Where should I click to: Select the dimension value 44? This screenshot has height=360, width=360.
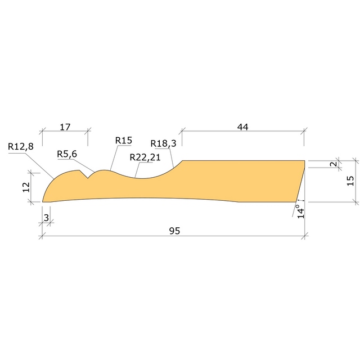click(x=242, y=127)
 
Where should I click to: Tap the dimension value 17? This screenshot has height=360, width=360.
click(x=65, y=127)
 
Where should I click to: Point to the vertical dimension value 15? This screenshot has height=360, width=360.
click(x=350, y=180)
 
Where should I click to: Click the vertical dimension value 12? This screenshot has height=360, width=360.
click(x=26, y=187)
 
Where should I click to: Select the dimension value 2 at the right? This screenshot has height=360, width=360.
click(x=332, y=164)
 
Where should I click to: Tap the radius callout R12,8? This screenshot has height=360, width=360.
click(x=20, y=146)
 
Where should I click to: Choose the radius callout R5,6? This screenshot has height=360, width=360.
click(x=67, y=154)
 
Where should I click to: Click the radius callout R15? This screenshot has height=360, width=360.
click(x=123, y=139)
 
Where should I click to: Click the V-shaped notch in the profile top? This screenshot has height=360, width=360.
click(x=87, y=178)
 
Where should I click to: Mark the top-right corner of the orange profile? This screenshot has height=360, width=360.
click(x=305, y=161)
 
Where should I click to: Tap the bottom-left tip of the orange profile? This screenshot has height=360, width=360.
click(x=43, y=201)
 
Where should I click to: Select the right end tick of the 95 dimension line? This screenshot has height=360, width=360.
click(x=305, y=236)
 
